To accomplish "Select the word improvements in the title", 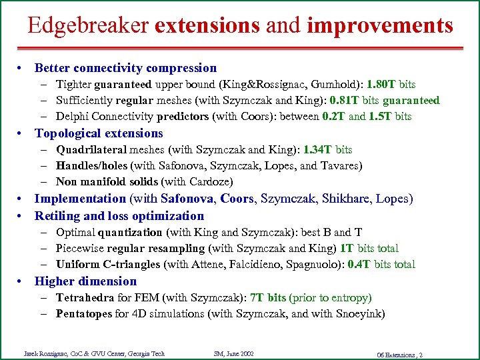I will coord(380,25).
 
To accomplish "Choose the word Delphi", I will coord(72,117).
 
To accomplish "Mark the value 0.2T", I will coord(333,117).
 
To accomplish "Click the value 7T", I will coord(257,298).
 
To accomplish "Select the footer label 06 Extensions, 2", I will coord(399,354).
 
